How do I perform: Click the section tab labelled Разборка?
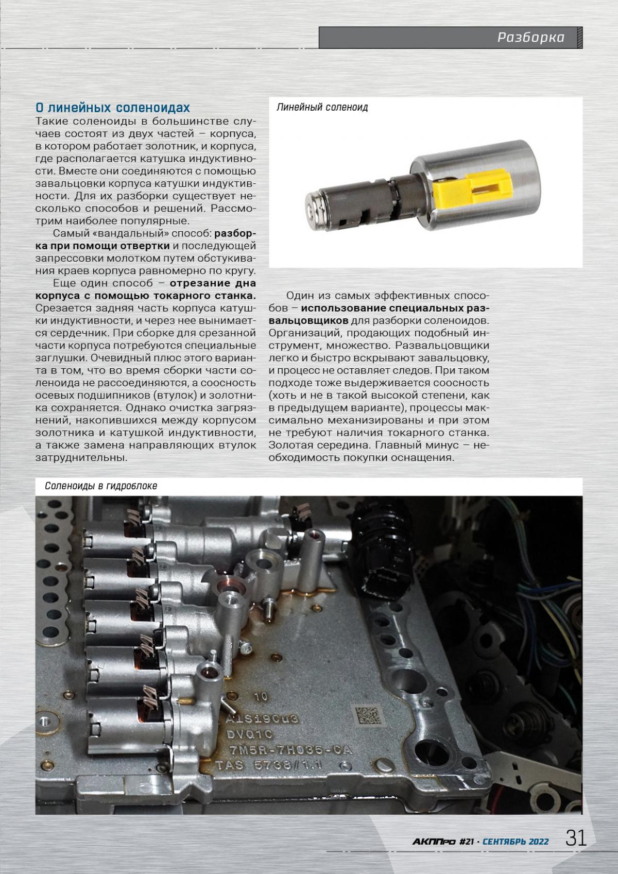click(x=530, y=38)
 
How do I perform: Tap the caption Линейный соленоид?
click(x=322, y=108)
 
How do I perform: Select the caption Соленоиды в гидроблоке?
click(x=100, y=486)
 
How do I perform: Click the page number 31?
click(x=576, y=838)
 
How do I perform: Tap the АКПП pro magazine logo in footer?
click(x=434, y=841)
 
